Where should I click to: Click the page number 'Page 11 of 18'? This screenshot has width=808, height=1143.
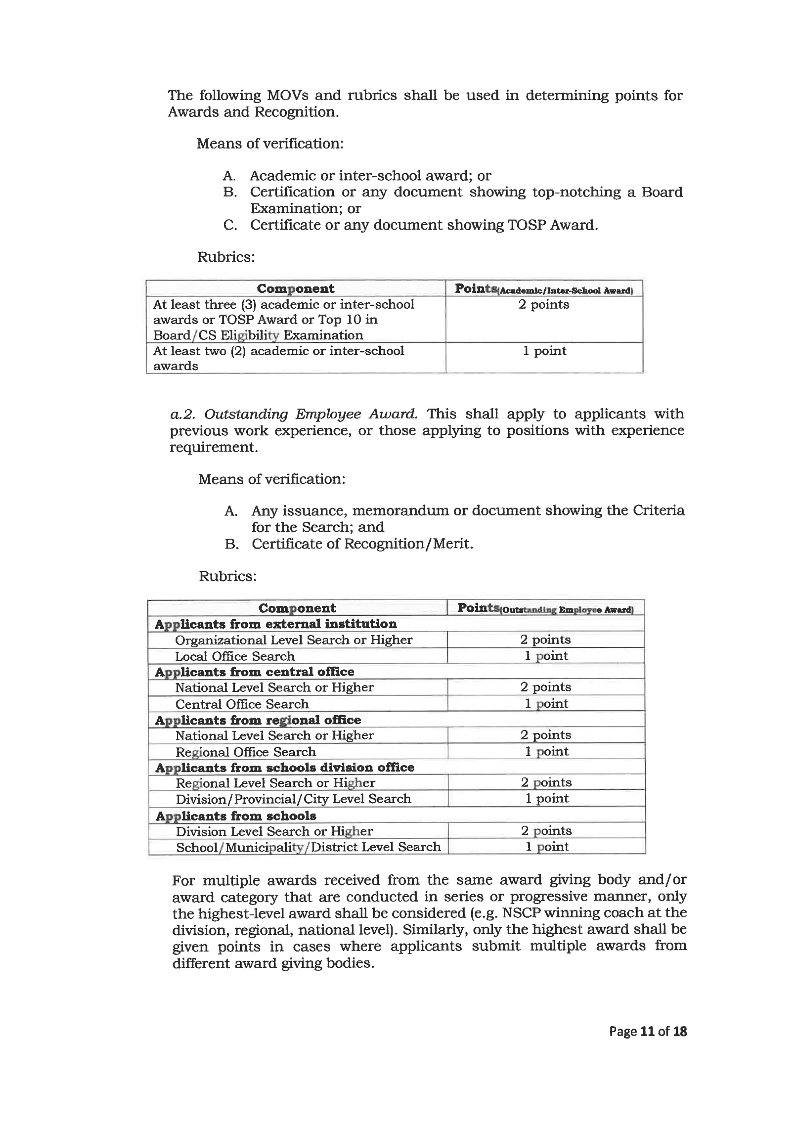click(x=647, y=1031)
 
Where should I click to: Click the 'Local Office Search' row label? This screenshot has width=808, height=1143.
click(x=234, y=656)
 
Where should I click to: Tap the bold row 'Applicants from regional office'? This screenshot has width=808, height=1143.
click(x=258, y=720)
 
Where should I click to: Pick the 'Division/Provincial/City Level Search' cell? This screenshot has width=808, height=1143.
click(x=293, y=798)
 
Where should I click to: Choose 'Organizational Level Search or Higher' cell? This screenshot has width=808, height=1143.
click(x=294, y=640)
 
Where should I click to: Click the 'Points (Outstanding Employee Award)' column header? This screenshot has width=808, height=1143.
click(x=545, y=608)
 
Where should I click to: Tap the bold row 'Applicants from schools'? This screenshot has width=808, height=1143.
click(x=236, y=816)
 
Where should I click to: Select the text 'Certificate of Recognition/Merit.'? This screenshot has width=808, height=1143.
click(x=362, y=543)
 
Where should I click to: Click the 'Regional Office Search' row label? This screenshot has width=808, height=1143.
click(x=245, y=752)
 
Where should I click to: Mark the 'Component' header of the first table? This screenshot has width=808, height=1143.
click(x=296, y=289)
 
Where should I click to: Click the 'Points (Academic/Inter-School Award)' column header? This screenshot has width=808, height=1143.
click(x=543, y=289)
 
